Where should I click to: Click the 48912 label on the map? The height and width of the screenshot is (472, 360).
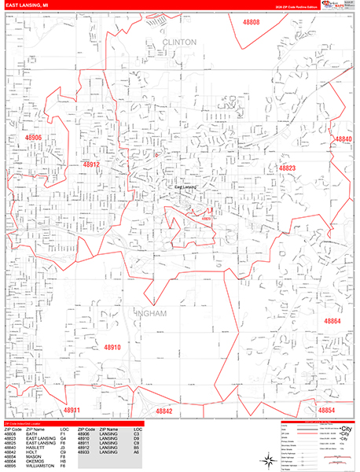point(91,164)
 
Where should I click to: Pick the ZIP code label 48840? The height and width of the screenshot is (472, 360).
point(343,138)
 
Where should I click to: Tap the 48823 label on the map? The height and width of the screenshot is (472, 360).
point(287,168)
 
